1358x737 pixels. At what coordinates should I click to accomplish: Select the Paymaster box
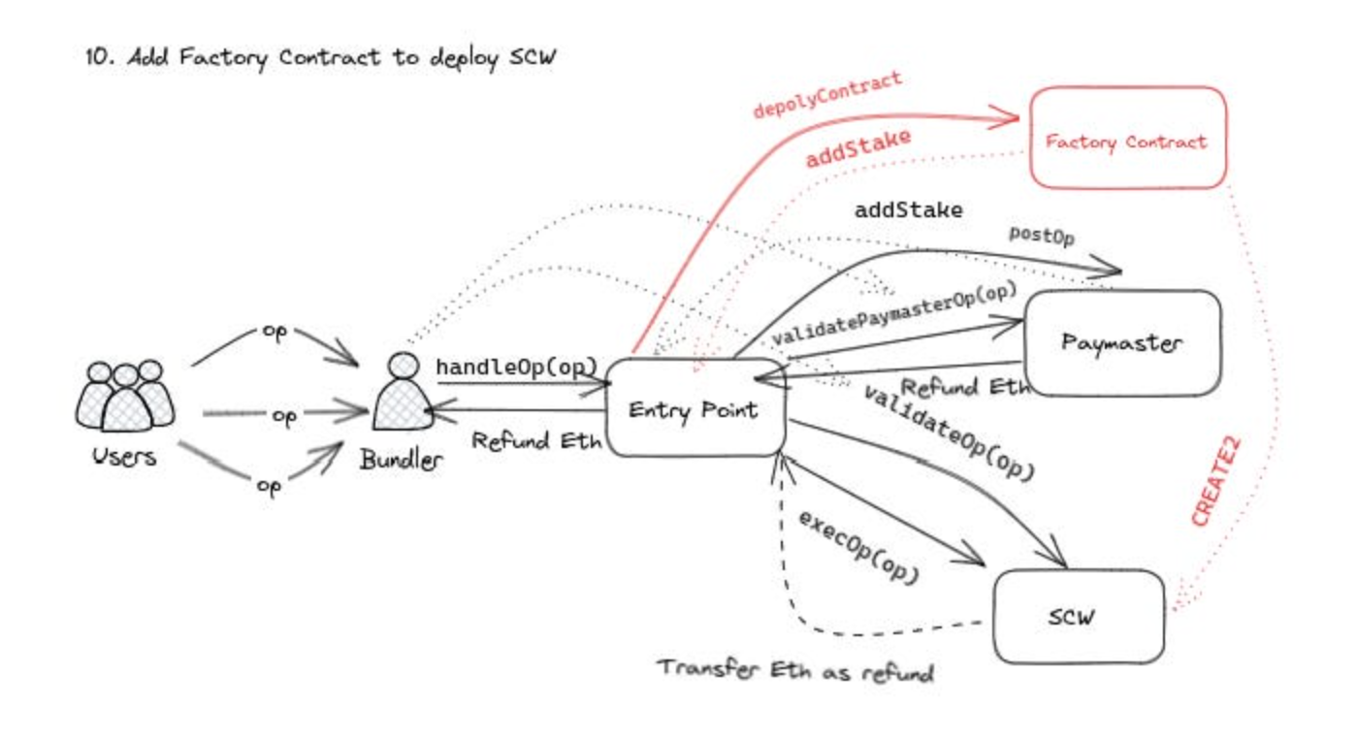[1121, 342]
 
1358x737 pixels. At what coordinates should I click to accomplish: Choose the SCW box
[1078, 617]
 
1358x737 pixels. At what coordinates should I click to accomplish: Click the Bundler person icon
[402, 395]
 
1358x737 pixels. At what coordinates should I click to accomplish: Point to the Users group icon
[124, 395]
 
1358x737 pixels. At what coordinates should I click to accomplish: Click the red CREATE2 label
[1216, 480]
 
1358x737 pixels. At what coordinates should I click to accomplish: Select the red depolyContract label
[827, 95]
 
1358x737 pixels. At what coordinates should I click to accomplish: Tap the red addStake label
[857, 147]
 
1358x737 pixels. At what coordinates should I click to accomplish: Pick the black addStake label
[908, 209]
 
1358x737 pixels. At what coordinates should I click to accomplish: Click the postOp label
[1042, 236]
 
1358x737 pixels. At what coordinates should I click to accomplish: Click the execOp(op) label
[858, 546]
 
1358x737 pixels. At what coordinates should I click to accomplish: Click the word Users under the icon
[124, 455]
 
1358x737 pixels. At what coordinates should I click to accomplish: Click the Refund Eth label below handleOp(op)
[536, 438]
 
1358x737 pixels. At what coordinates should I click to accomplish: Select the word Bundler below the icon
[401, 459]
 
